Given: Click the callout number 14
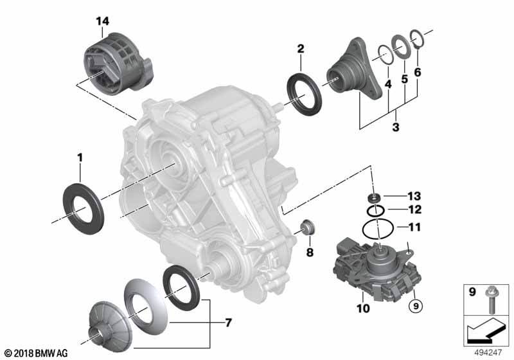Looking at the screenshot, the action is click(102, 21).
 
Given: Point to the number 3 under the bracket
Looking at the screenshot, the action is click(396, 127).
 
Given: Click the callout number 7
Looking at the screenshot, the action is click(228, 323).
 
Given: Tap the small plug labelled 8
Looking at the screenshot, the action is click(308, 228).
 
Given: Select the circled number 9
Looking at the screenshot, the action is click(416, 306).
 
